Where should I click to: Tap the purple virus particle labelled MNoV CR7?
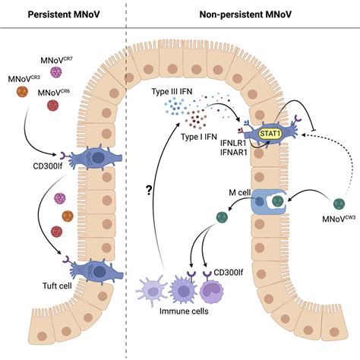tap(55, 73)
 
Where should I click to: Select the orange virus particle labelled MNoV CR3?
tap(22, 92)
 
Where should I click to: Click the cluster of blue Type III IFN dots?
tap(174, 114)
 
